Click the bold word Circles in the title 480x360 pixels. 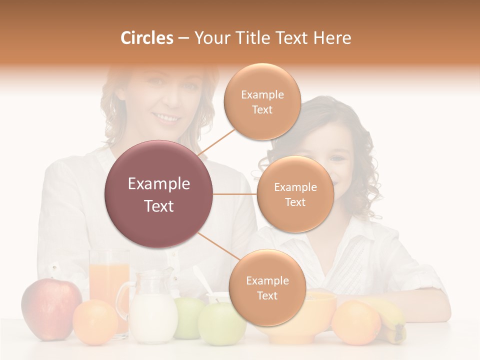point(147,38)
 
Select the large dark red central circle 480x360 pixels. point(158,194)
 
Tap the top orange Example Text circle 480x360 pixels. point(262,101)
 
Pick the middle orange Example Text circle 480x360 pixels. point(295,194)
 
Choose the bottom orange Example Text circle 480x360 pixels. point(267,287)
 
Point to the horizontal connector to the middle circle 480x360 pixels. point(235,194)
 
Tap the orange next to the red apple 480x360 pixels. point(95,322)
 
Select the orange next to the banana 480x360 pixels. point(356,322)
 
